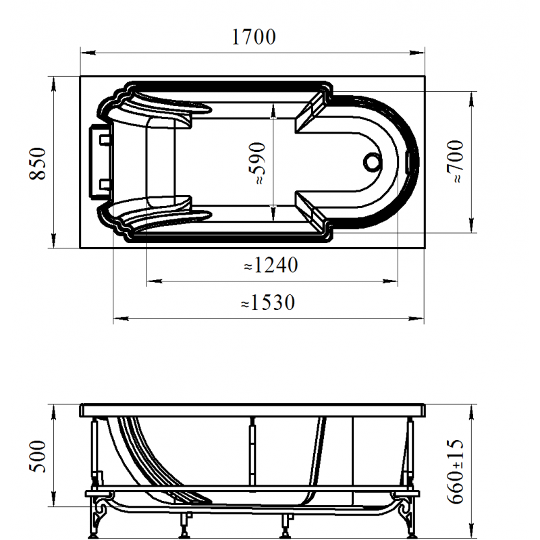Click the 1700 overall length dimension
coord(254,37)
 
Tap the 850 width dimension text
coord(38,163)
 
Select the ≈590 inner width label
coord(256,163)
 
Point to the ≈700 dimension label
coord(455,161)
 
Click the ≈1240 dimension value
coord(271,265)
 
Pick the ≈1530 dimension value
coord(268,302)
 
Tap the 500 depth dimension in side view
coord(38,456)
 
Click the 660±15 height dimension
coord(455,471)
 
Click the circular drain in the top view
coord(373,162)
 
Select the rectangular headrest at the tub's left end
coord(101,162)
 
